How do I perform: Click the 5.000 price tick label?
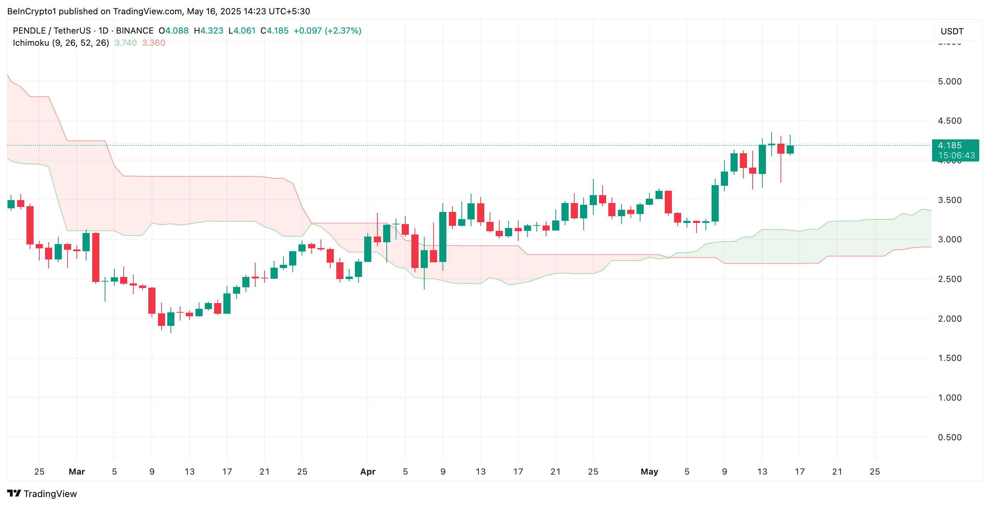click(x=949, y=81)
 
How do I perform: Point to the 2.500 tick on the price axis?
click(x=949, y=279)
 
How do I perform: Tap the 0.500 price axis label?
click(x=949, y=437)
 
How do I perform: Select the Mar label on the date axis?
click(x=77, y=471)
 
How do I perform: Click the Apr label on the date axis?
click(x=368, y=471)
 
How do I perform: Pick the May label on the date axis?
click(x=649, y=471)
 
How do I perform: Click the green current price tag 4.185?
click(x=955, y=150)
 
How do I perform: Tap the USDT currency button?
click(x=952, y=31)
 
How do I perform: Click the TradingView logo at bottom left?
click(x=42, y=494)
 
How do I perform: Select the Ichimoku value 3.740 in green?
click(x=126, y=43)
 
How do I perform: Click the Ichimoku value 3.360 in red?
click(x=154, y=43)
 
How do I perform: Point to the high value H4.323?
click(x=209, y=31)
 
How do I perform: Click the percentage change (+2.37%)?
click(x=343, y=31)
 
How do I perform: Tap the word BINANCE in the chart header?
click(x=134, y=31)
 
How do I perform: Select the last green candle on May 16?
click(x=790, y=149)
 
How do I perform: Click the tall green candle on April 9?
click(x=443, y=237)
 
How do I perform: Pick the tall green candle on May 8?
click(x=715, y=203)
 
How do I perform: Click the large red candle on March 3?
click(x=96, y=257)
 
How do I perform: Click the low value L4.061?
click(x=242, y=31)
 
